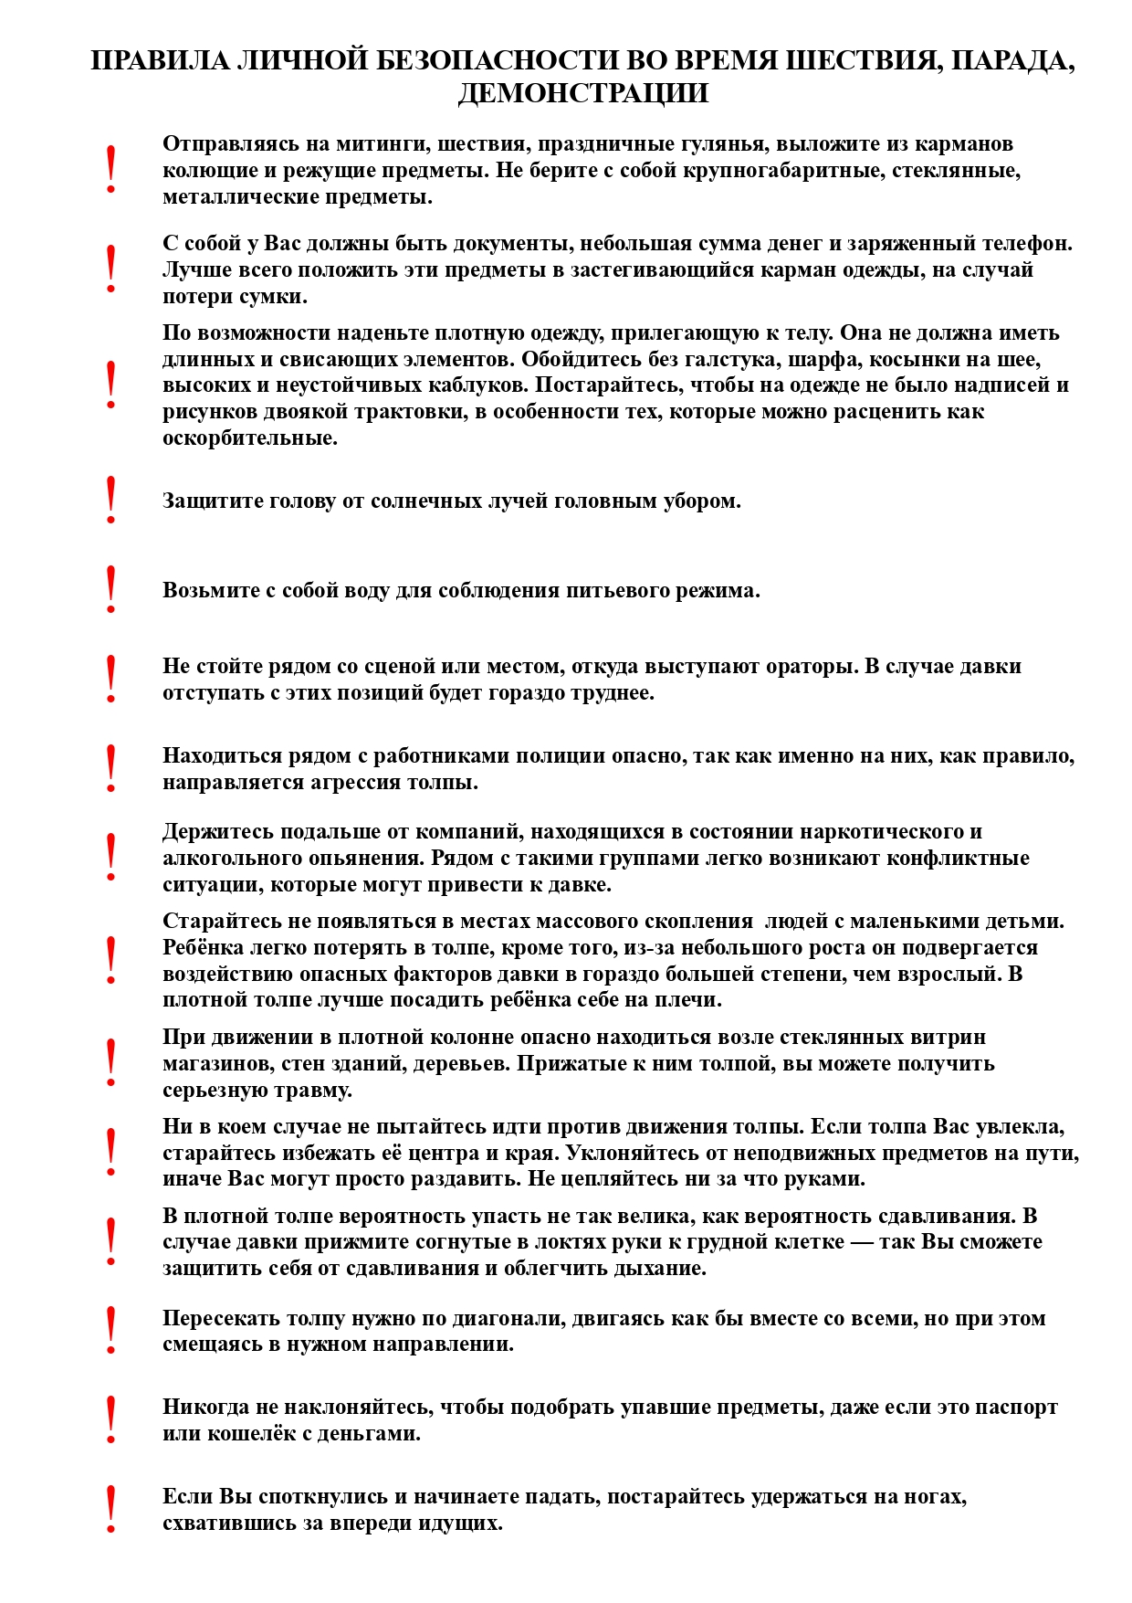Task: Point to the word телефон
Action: tap(1027, 244)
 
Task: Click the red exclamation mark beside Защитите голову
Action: tap(110, 500)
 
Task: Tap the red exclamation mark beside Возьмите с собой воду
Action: tap(110, 589)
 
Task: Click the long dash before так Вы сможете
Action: tap(861, 1242)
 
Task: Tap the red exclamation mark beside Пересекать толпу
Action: tap(110, 1330)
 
